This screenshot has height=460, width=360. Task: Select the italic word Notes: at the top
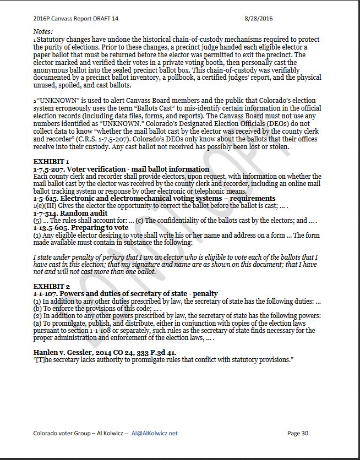coord(43,32)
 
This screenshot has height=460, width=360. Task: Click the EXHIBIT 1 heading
coord(51,162)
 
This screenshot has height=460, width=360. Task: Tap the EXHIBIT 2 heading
coord(52,287)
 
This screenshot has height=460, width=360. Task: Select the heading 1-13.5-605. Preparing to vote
coord(81,227)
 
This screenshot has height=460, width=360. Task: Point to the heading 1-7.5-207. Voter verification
coord(121,169)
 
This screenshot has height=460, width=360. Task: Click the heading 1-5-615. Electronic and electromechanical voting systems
coord(154,198)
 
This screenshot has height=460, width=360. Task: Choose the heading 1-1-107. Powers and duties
coord(126,294)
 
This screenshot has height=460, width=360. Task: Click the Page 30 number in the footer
coord(298,433)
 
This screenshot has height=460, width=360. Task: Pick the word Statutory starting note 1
coord(53,40)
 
